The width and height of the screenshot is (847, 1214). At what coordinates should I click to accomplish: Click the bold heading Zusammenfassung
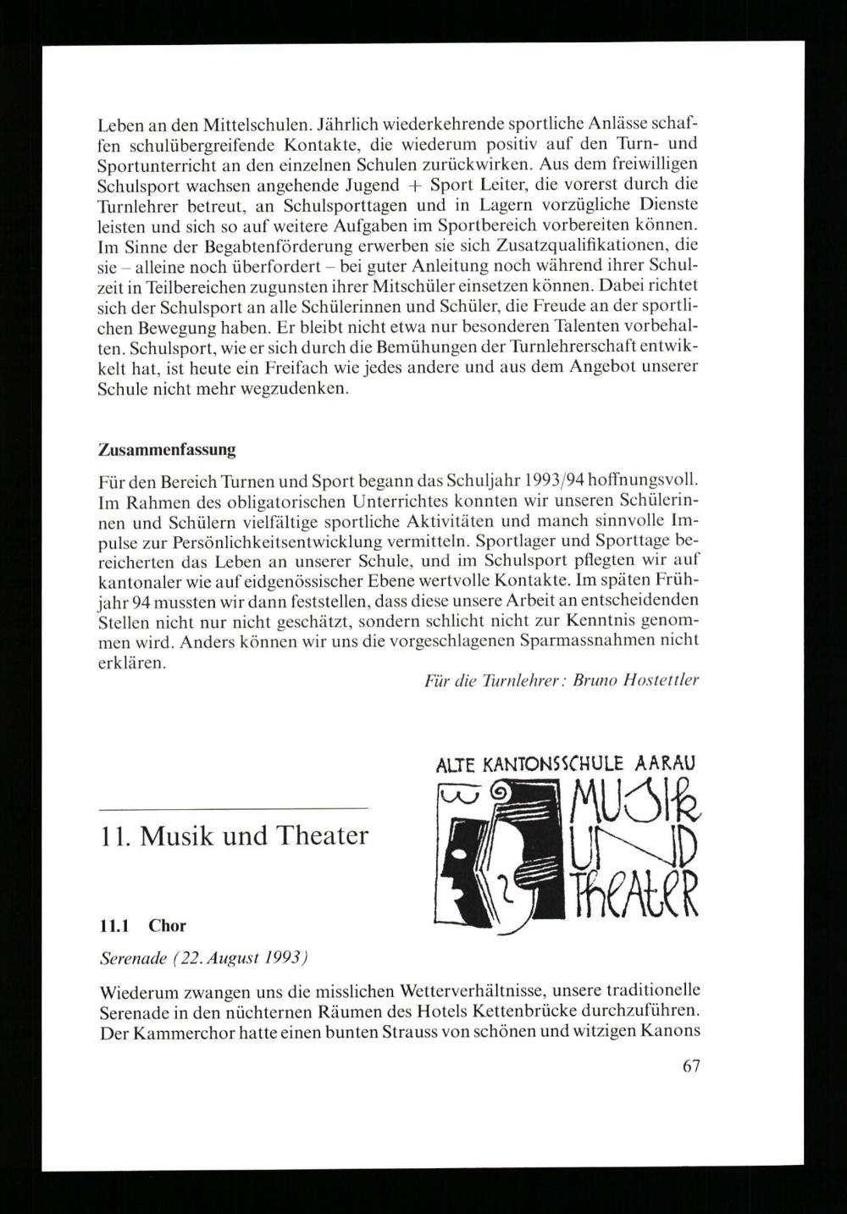[x=166, y=448]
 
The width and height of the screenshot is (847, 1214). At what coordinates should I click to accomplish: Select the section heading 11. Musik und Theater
[x=233, y=836]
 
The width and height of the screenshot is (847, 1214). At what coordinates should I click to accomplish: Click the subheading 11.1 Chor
[x=142, y=926]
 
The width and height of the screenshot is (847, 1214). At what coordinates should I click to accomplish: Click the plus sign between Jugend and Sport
[x=412, y=186]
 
